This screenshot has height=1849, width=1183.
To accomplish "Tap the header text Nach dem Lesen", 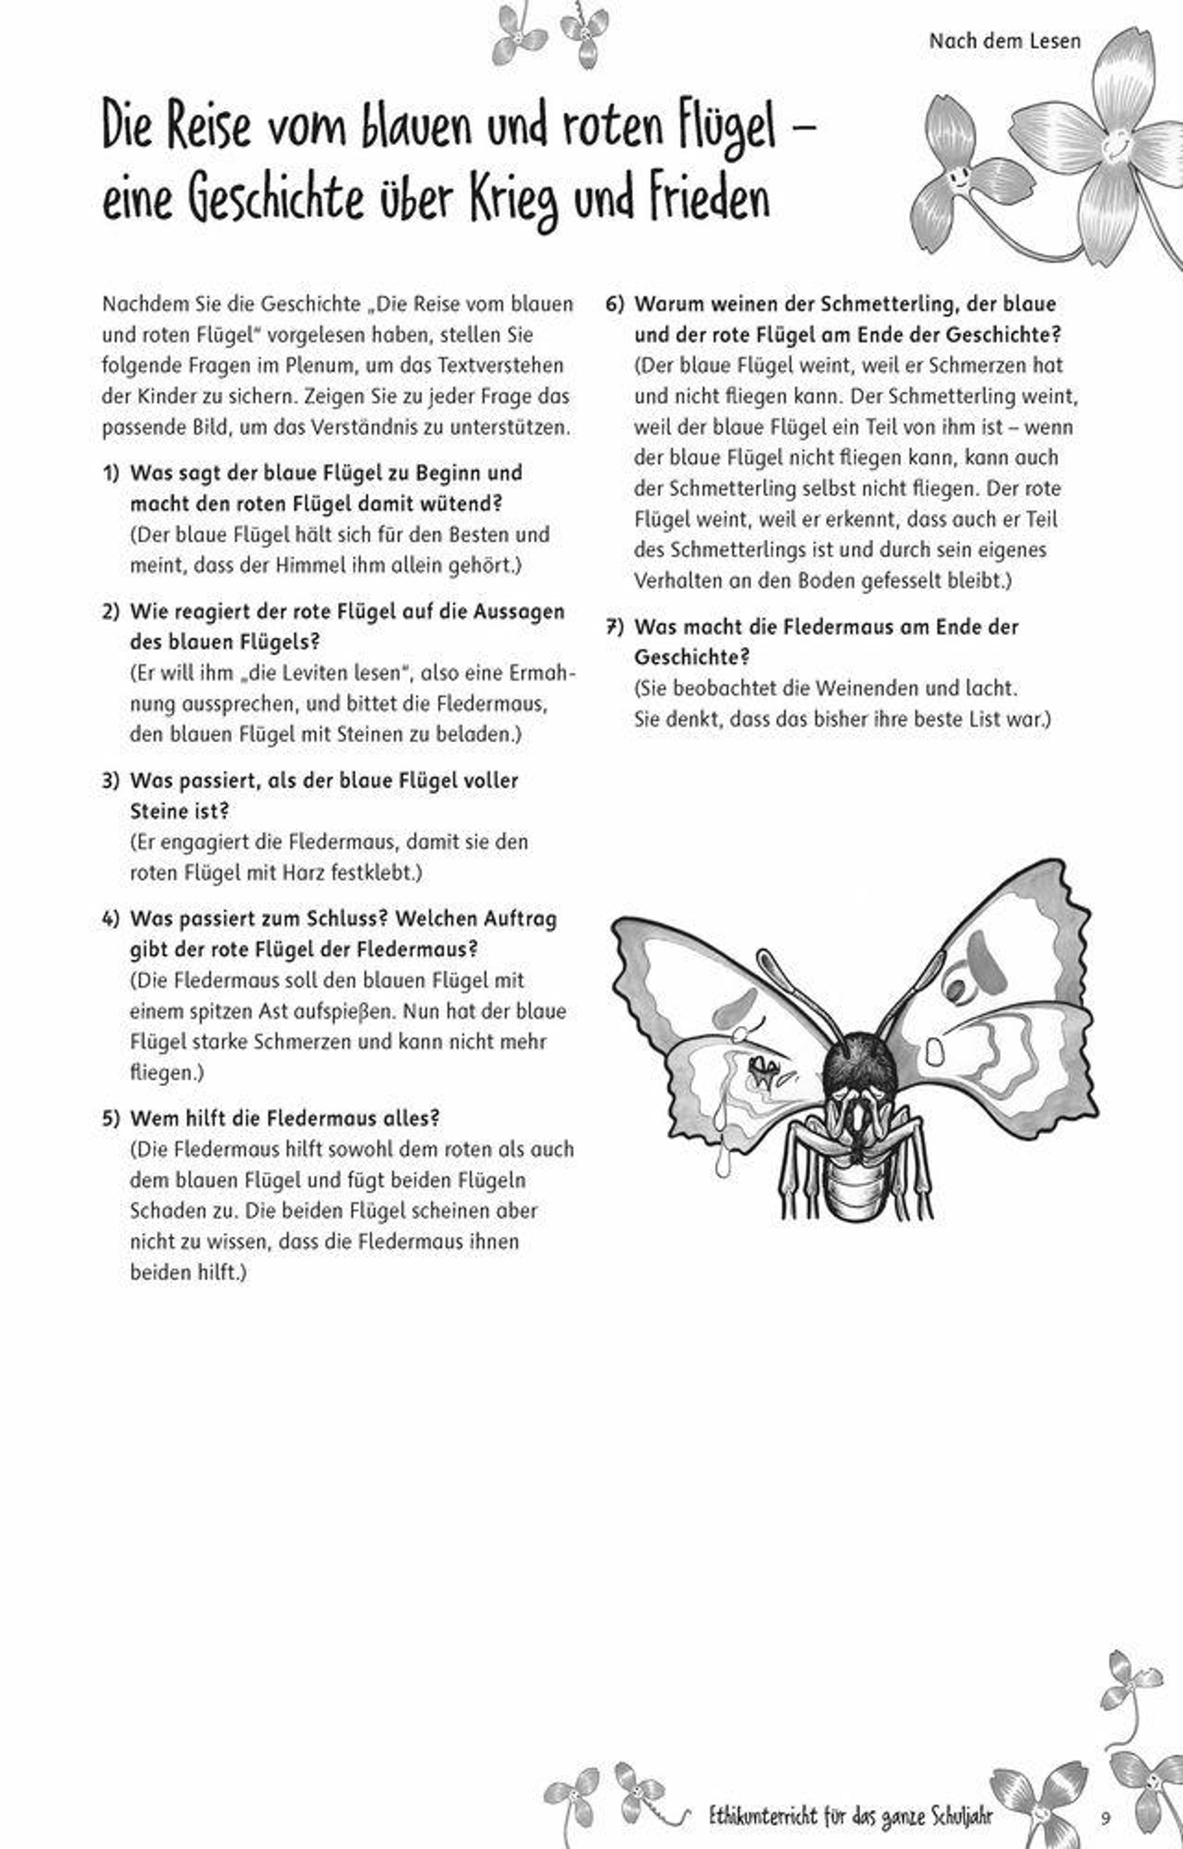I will point(1004,41).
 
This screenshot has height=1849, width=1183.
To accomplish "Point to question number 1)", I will point(111,473).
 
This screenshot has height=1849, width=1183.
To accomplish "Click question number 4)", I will point(111,919).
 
